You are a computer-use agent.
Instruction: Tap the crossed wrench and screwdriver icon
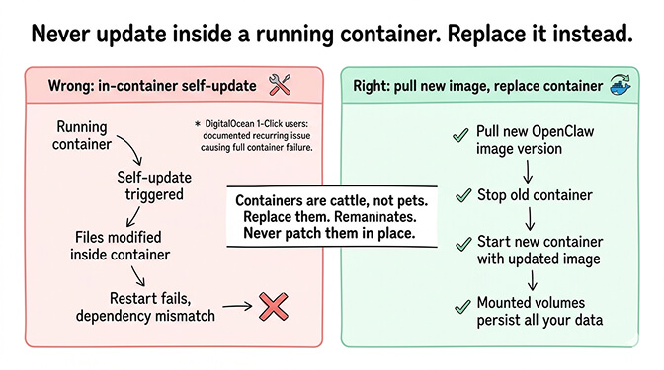(x=281, y=86)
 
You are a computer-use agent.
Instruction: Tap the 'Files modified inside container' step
(x=124, y=247)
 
